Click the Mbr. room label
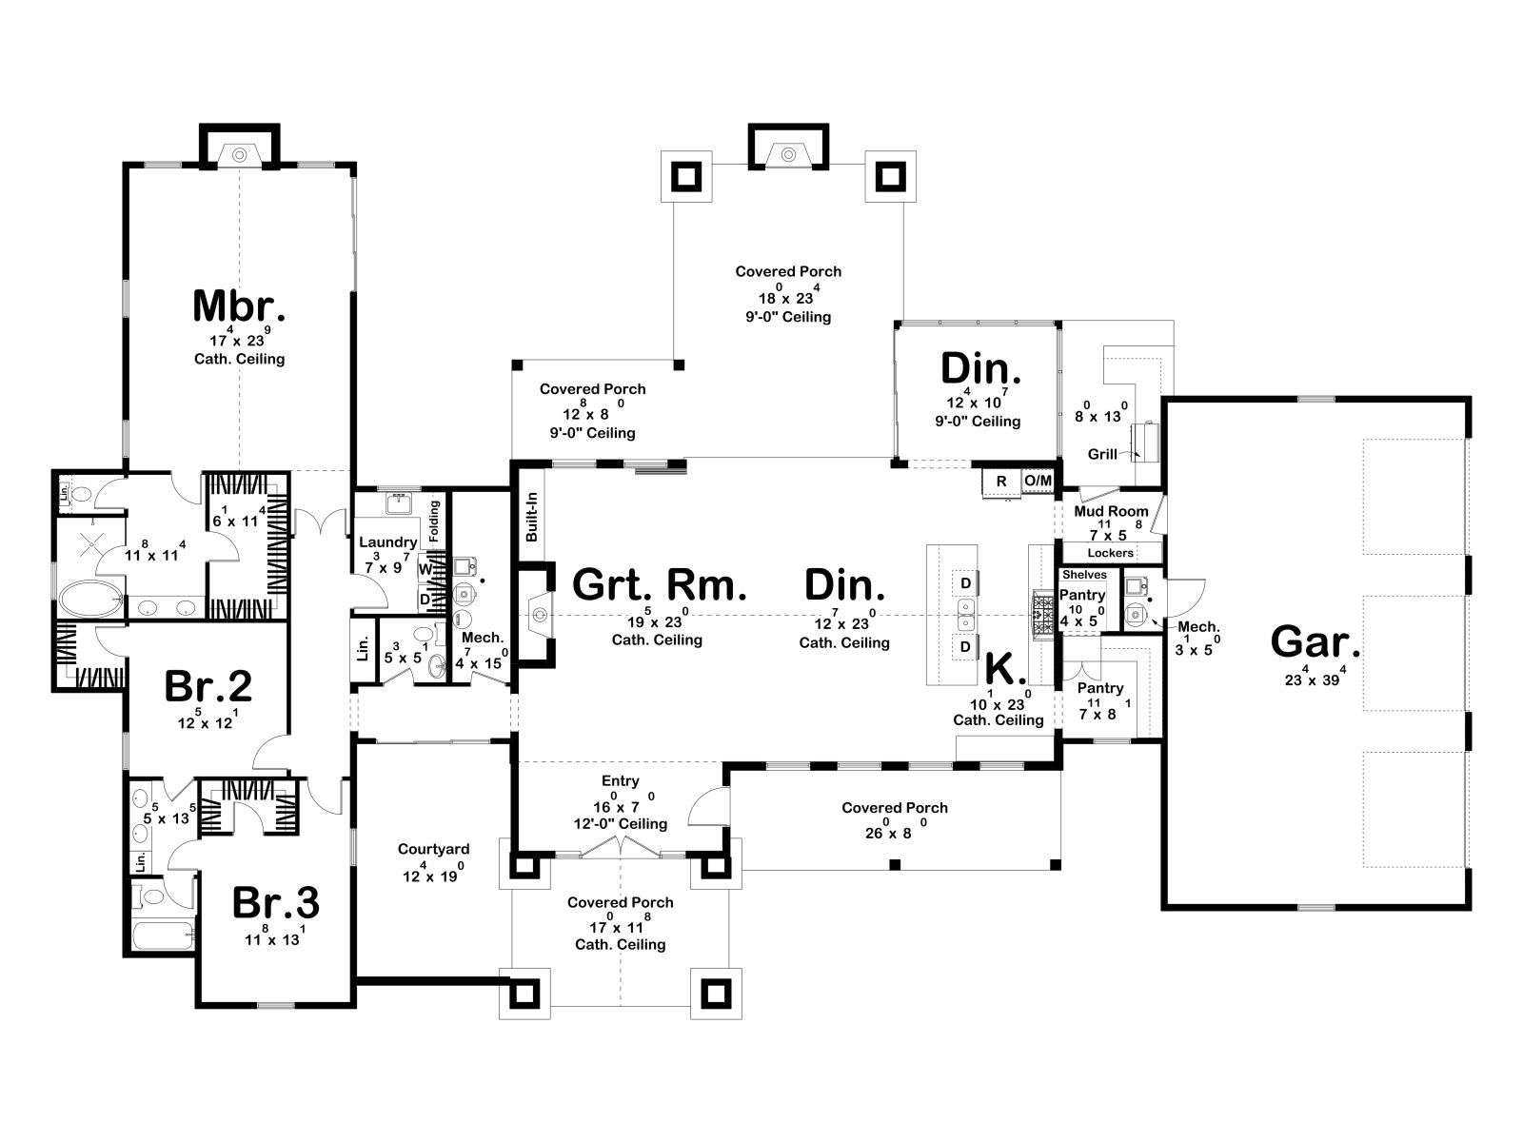point(239,305)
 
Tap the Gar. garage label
point(1315,641)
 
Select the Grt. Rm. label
point(659,584)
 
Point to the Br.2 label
point(208,686)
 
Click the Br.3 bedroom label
point(275,902)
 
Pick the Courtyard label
point(434,849)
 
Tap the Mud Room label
point(1111,511)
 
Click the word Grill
point(1102,454)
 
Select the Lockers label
point(1110,553)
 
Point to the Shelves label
point(1084,574)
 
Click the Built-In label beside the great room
point(532,517)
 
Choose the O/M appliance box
point(1038,481)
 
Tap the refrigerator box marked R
point(1001,482)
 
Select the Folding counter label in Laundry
point(434,521)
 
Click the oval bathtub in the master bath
point(90,599)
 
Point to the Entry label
point(621,780)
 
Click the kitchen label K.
point(1001,669)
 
